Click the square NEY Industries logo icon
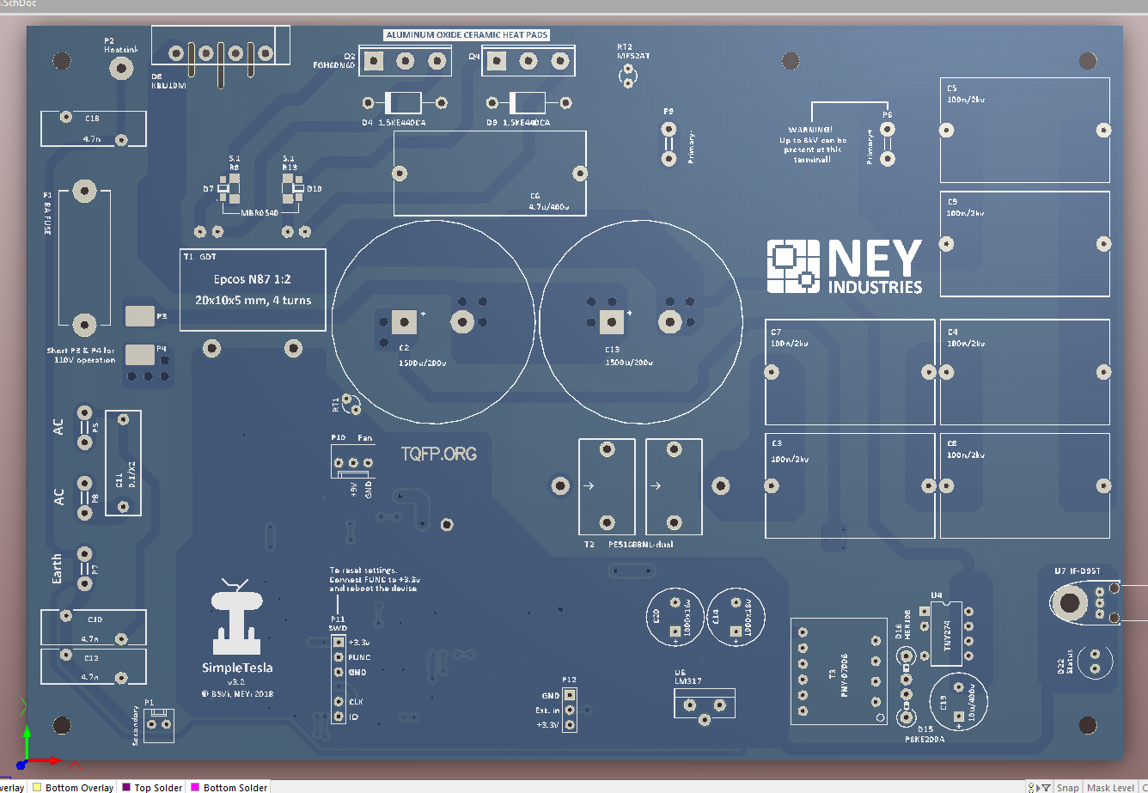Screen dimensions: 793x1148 pyautogui.click(x=793, y=265)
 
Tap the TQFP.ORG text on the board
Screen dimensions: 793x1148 pyautogui.click(x=438, y=454)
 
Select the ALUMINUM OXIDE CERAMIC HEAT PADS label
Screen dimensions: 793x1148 pyautogui.click(x=467, y=35)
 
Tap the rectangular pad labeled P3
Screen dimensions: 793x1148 pyautogui.click(x=139, y=316)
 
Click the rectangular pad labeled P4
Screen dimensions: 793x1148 pyautogui.click(x=139, y=354)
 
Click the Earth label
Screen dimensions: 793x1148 pyautogui.click(x=57, y=568)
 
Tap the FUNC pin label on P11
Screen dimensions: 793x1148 pyautogui.click(x=359, y=657)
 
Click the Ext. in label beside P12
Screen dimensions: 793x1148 pyautogui.click(x=547, y=711)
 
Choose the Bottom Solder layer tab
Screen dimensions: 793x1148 pyautogui.click(x=235, y=787)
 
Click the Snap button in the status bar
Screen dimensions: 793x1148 pyautogui.click(x=1067, y=787)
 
